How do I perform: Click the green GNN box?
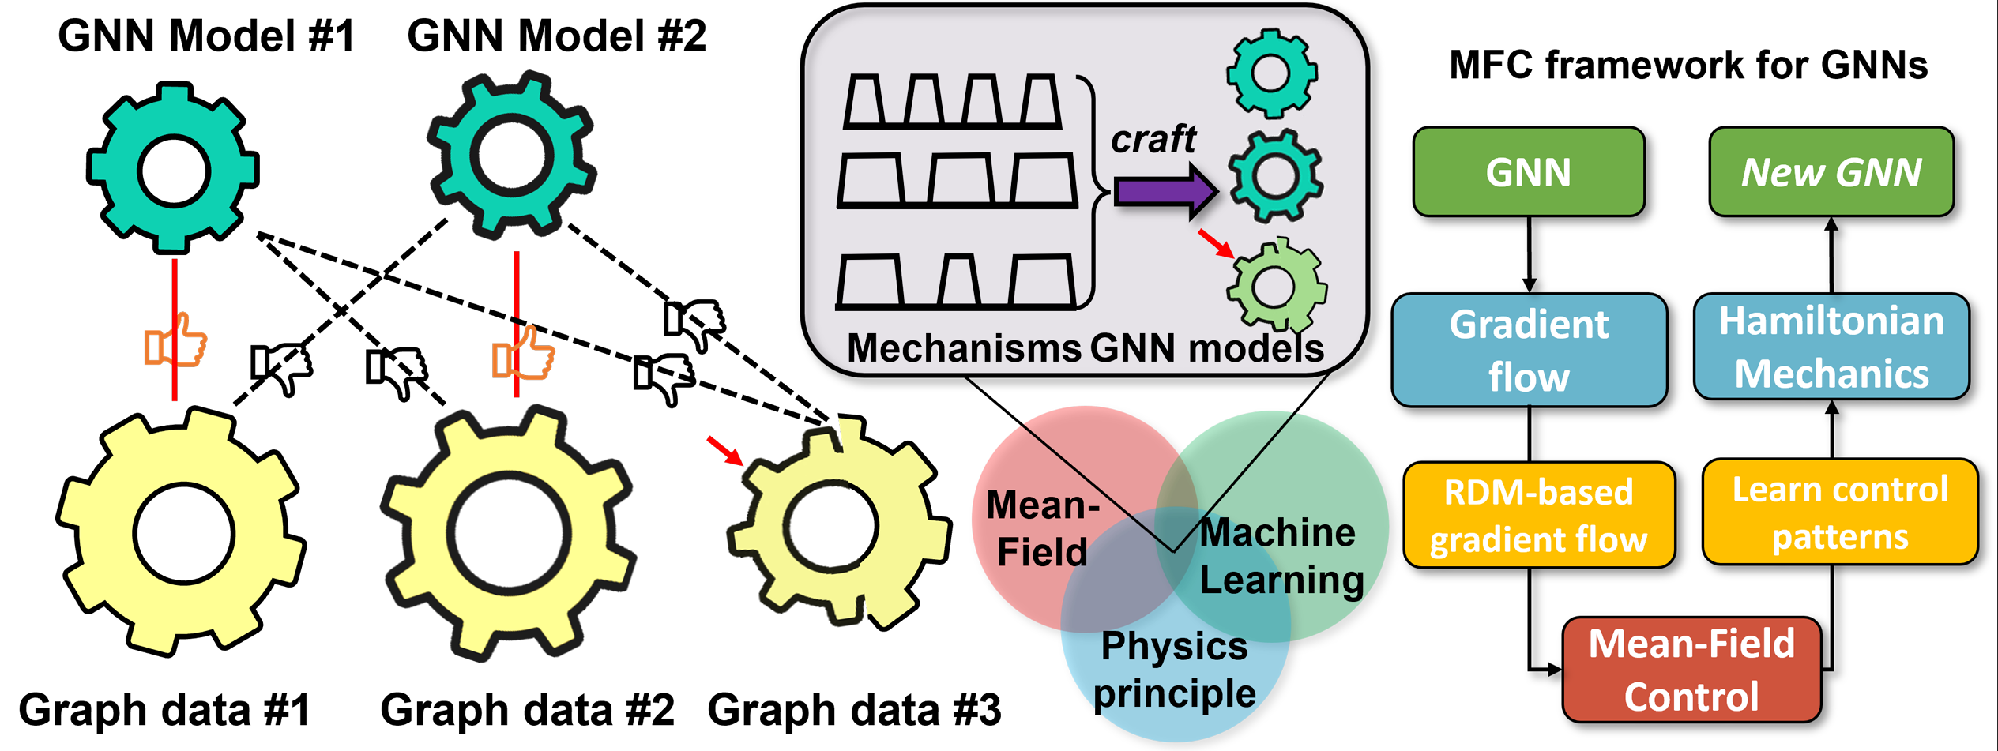click(x=1528, y=172)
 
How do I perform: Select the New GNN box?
click(x=1831, y=172)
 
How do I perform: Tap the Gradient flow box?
click(x=1529, y=350)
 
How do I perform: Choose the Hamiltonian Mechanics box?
click(x=1831, y=347)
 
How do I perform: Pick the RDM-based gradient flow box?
click(x=1538, y=515)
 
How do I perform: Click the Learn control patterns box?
click(x=1839, y=513)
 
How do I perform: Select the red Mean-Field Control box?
click(x=1691, y=670)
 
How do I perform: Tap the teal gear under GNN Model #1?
click(x=173, y=167)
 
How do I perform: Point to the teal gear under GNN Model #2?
click(x=512, y=154)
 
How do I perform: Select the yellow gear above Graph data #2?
click(x=508, y=533)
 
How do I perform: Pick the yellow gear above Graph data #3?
click(x=837, y=525)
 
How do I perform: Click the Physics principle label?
click(x=1174, y=670)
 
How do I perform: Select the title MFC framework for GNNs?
click(x=1688, y=65)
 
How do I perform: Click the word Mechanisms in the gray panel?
click(x=963, y=347)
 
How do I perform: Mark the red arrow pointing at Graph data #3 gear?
click(x=724, y=450)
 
